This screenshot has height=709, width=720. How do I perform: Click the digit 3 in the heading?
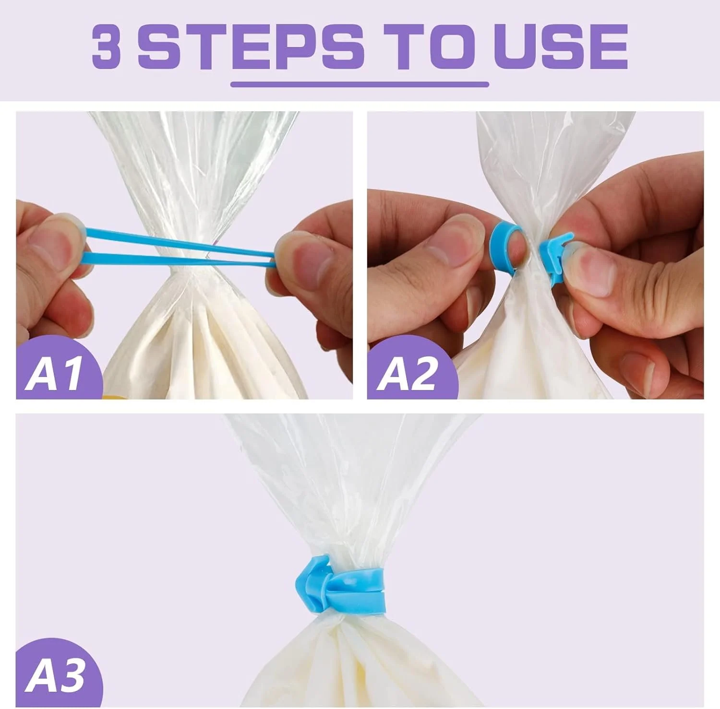pyautogui.click(x=106, y=47)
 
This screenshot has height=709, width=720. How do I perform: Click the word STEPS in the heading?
pyautogui.click(x=251, y=47)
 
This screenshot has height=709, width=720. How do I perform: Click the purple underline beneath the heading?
pyautogui.click(x=360, y=84)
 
